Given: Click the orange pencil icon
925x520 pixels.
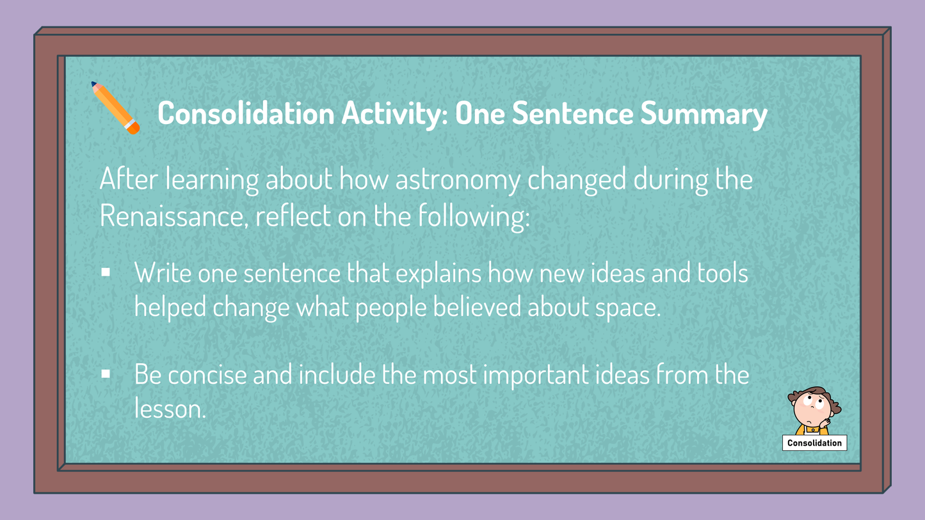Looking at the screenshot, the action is point(115,108).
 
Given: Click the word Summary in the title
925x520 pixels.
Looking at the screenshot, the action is point(704,114).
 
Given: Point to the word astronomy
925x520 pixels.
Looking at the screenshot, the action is point(458,180).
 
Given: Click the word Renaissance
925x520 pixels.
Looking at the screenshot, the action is point(174,216).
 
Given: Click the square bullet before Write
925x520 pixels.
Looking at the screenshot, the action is point(106,272).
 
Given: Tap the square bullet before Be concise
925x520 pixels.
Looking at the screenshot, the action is point(106,374).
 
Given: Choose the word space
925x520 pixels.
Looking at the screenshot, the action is point(628,310).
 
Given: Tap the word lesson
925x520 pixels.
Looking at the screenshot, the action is point(170,409).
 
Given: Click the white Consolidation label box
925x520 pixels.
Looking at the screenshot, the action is point(814,443).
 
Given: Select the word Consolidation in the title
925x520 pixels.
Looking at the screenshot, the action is point(246,113).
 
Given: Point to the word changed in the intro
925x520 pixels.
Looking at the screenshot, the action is point(577,180).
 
